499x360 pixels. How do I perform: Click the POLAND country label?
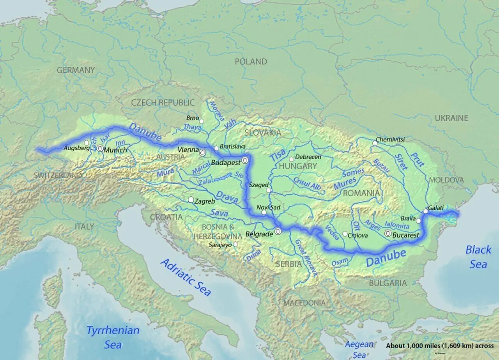tap(251, 62)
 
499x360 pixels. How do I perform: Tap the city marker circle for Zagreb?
tap(191, 200)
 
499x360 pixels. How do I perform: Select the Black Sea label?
tap(478, 257)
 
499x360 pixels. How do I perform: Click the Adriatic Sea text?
tap(186, 277)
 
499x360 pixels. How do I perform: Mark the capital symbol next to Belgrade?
tap(278, 231)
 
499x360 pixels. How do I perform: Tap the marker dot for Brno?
tap(202, 121)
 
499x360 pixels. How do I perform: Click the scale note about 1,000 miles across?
tap(440, 346)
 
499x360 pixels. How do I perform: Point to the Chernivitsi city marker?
tap(375, 144)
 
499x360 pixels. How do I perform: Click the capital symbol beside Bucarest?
tap(388, 233)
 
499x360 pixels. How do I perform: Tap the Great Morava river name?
tap(306, 258)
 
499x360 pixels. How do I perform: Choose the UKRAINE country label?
tap(451, 118)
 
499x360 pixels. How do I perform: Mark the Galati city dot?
tap(426, 211)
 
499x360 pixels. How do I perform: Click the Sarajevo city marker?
tap(235, 244)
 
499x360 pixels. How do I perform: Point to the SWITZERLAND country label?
tap(58, 175)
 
